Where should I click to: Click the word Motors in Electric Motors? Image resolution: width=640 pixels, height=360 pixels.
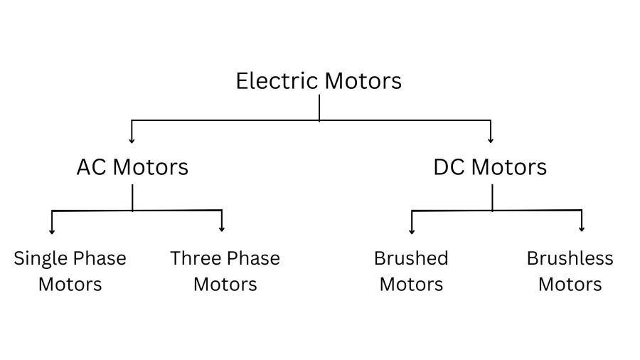click(x=363, y=80)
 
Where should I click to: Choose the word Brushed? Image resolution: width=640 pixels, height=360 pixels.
click(x=411, y=258)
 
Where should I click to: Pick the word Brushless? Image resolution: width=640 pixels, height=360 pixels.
click(x=570, y=258)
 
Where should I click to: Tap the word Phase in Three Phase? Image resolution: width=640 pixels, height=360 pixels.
click(x=253, y=258)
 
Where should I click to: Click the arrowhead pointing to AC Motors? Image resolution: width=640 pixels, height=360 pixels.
click(x=132, y=140)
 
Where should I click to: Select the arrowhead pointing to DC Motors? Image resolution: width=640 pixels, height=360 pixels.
click(x=491, y=140)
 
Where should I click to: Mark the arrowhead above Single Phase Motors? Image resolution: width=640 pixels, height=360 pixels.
click(x=52, y=230)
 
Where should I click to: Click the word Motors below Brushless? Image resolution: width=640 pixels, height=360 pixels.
click(x=570, y=285)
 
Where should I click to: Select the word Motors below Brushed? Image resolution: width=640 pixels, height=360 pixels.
click(x=411, y=285)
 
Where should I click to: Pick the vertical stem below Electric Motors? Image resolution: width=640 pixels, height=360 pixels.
click(x=319, y=107)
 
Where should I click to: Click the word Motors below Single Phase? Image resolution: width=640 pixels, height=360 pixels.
click(x=70, y=285)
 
